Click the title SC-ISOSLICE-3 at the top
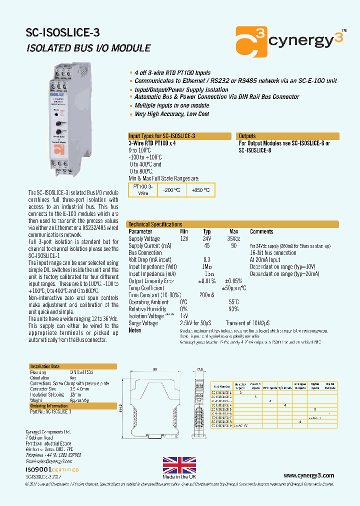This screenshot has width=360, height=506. (62, 33)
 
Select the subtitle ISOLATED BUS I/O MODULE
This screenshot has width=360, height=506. (88, 48)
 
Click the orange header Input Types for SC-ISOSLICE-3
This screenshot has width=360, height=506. (162, 136)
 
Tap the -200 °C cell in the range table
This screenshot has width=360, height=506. (171, 190)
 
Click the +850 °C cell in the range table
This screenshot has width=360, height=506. (200, 190)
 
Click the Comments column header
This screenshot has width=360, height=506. (261, 231)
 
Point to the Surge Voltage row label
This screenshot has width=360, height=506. (144, 323)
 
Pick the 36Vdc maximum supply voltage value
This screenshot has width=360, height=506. (234, 239)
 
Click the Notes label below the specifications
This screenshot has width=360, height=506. (135, 330)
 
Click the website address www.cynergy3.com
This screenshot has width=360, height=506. (308, 475)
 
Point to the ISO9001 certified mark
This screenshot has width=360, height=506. (52, 470)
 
